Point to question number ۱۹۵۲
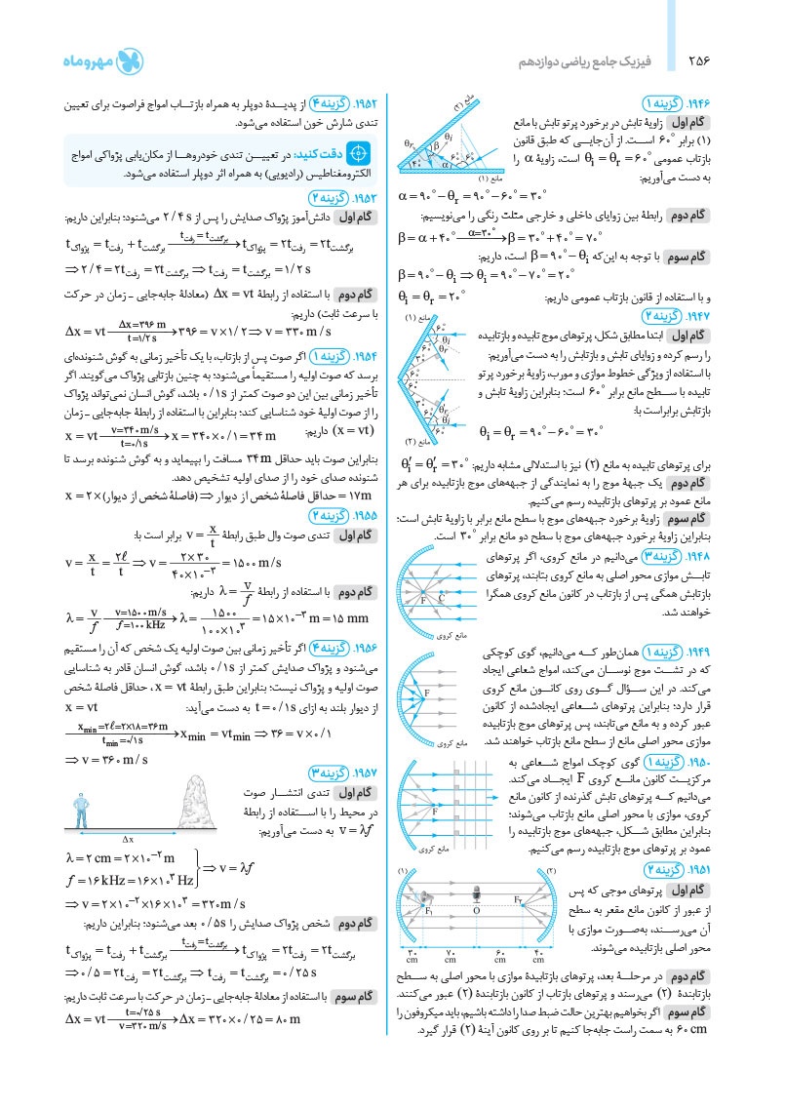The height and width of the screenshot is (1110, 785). click(x=362, y=103)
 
